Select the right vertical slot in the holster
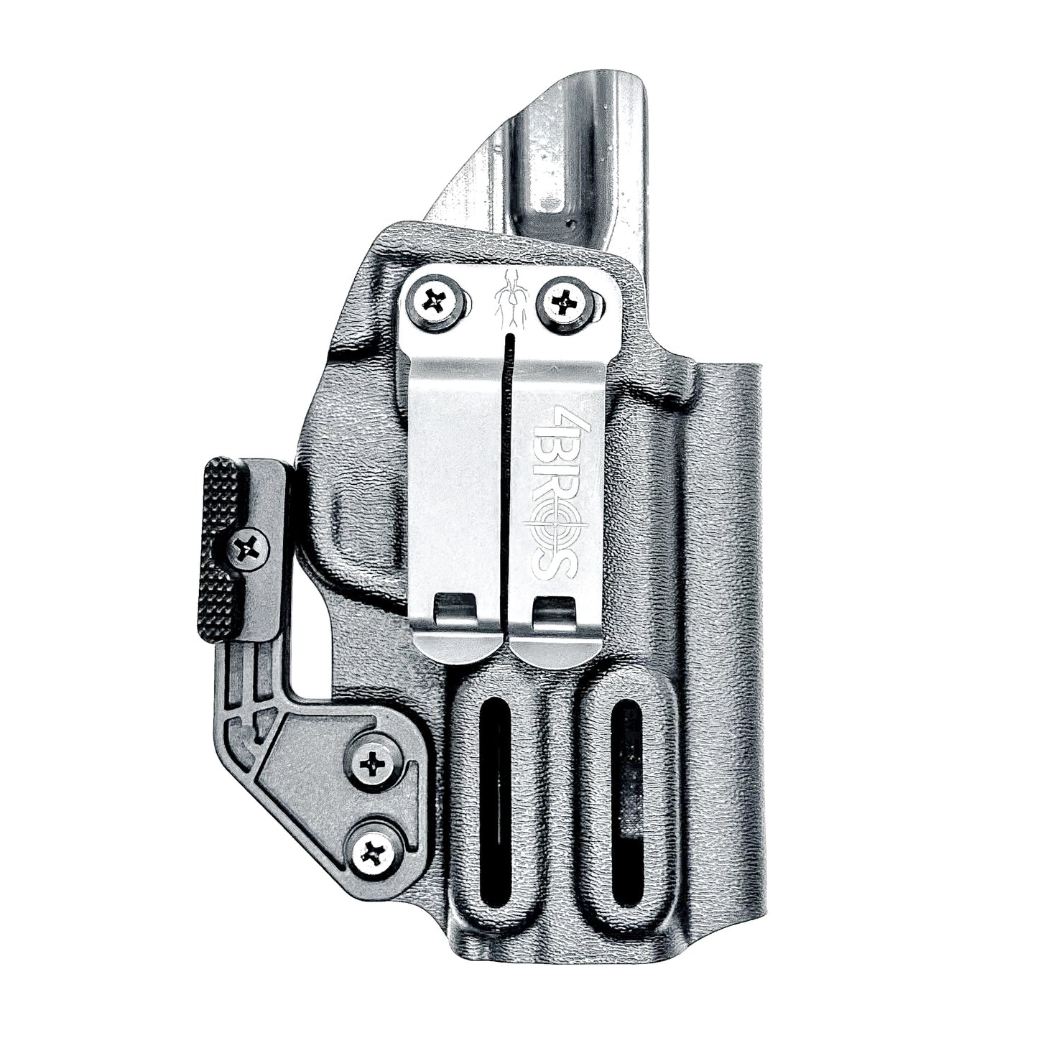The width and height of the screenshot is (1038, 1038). point(624,771)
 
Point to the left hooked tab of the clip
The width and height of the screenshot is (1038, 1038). point(457,611)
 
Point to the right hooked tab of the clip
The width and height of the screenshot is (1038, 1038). point(555,611)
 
